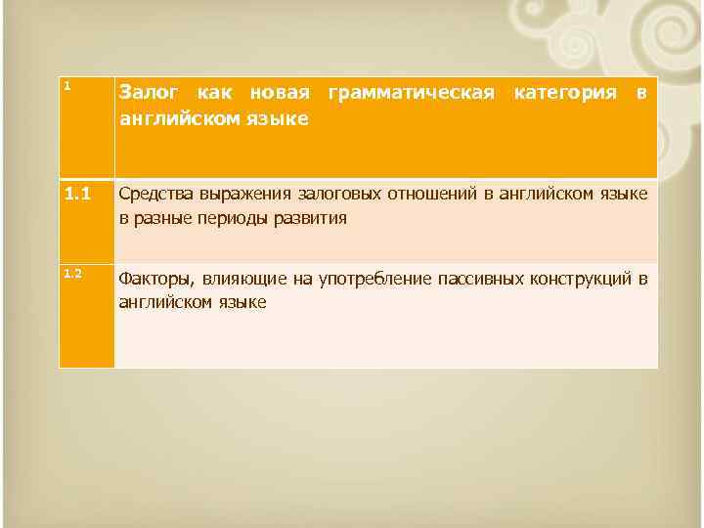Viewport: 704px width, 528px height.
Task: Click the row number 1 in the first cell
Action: pos(66,85)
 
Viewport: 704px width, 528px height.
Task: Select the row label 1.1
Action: pos(76,194)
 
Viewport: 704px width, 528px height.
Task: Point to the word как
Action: pos(217,94)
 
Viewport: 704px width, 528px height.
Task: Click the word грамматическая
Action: pos(412,94)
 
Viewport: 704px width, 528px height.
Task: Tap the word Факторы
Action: pos(154,279)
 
